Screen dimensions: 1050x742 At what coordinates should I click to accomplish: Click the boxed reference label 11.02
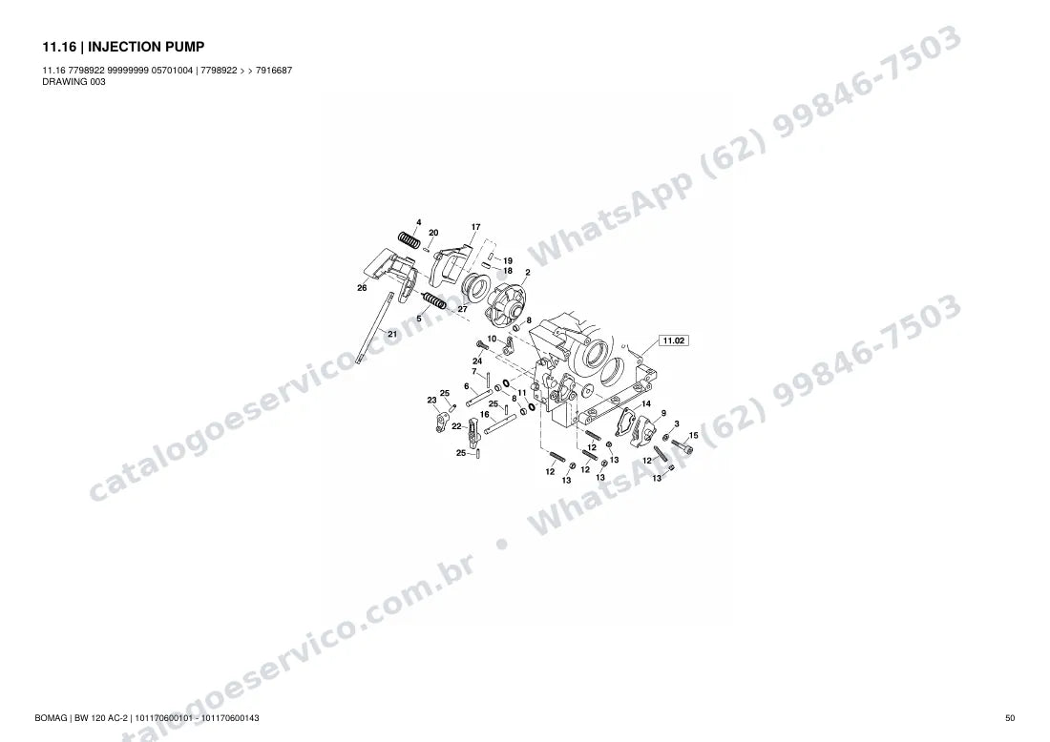tap(674, 340)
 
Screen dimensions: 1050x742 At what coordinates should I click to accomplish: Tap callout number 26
tap(362, 288)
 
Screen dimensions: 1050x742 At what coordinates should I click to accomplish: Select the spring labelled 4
tap(409, 238)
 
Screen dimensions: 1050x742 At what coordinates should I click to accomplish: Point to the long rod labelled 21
tap(373, 328)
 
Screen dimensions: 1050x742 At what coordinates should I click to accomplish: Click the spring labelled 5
tap(434, 300)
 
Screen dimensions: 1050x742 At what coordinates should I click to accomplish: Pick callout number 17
tap(475, 227)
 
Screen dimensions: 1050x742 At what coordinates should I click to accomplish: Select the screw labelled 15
tap(682, 445)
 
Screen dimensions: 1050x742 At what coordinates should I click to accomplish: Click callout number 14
tap(645, 403)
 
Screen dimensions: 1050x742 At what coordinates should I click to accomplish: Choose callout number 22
tap(456, 426)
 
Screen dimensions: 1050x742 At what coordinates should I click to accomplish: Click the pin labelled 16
tap(500, 423)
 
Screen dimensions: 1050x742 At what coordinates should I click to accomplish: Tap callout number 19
tap(508, 261)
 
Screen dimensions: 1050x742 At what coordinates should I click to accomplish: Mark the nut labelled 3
tap(665, 437)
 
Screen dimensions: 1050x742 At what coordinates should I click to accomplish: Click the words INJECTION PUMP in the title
tap(146, 47)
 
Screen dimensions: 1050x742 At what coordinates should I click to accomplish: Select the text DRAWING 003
tap(73, 82)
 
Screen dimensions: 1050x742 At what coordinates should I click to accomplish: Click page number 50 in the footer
tap(1010, 718)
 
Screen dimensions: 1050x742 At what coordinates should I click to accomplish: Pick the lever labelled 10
tap(509, 345)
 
